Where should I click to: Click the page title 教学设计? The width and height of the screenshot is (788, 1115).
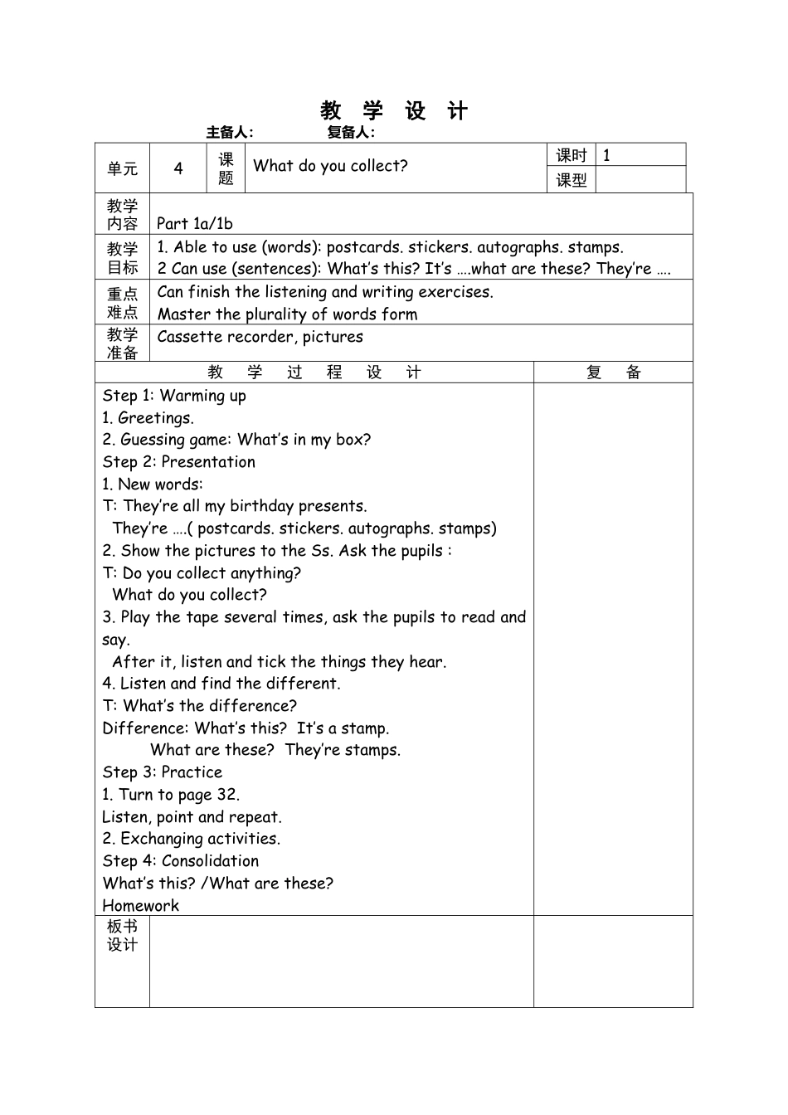click(x=394, y=111)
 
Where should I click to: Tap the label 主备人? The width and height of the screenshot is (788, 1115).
click(x=230, y=132)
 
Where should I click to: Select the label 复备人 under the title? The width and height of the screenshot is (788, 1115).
click(x=351, y=132)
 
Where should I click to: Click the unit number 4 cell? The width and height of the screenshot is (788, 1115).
click(x=178, y=168)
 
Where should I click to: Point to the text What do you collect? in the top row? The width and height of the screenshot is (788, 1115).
click(x=330, y=166)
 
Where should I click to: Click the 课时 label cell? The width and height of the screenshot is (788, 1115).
click(x=571, y=155)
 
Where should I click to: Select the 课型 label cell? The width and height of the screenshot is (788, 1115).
click(x=571, y=180)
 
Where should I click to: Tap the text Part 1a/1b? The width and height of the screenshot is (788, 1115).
click(x=195, y=223)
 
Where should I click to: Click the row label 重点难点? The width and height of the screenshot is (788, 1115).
click(x=122, y=303)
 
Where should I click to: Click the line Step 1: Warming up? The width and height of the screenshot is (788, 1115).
click(x=174, y=396)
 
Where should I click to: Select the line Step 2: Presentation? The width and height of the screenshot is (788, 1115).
click(x=178, y=462)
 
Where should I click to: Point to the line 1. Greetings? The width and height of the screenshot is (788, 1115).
click(x=148, y=418)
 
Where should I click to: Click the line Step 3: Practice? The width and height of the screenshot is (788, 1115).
click(x=163, y=772)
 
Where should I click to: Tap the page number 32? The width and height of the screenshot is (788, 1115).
click(x=226, y=795)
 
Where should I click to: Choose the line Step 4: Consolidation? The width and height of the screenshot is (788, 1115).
click(x=180, y=861)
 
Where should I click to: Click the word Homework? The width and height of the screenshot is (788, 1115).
click(x=140, y=906)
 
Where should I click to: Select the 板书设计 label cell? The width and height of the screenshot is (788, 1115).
click(x=122, y=936)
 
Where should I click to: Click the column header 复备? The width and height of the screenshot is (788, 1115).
click(x=613, y=372)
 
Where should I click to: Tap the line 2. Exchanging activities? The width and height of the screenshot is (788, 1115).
click(x=191, y=839)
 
